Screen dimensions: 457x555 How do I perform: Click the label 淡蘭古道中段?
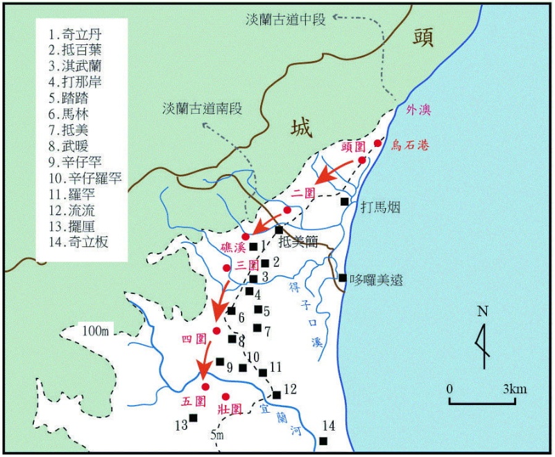284,19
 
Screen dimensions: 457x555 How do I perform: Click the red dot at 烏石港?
378,144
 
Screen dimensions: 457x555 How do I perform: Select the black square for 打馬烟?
345,202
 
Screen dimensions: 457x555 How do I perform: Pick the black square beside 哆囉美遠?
343,278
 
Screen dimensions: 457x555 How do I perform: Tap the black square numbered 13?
194,417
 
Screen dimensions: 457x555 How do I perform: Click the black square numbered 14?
324,441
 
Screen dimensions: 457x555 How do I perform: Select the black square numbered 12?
277,395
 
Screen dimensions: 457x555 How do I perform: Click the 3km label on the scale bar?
514,389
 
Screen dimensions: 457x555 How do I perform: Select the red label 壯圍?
229,409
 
